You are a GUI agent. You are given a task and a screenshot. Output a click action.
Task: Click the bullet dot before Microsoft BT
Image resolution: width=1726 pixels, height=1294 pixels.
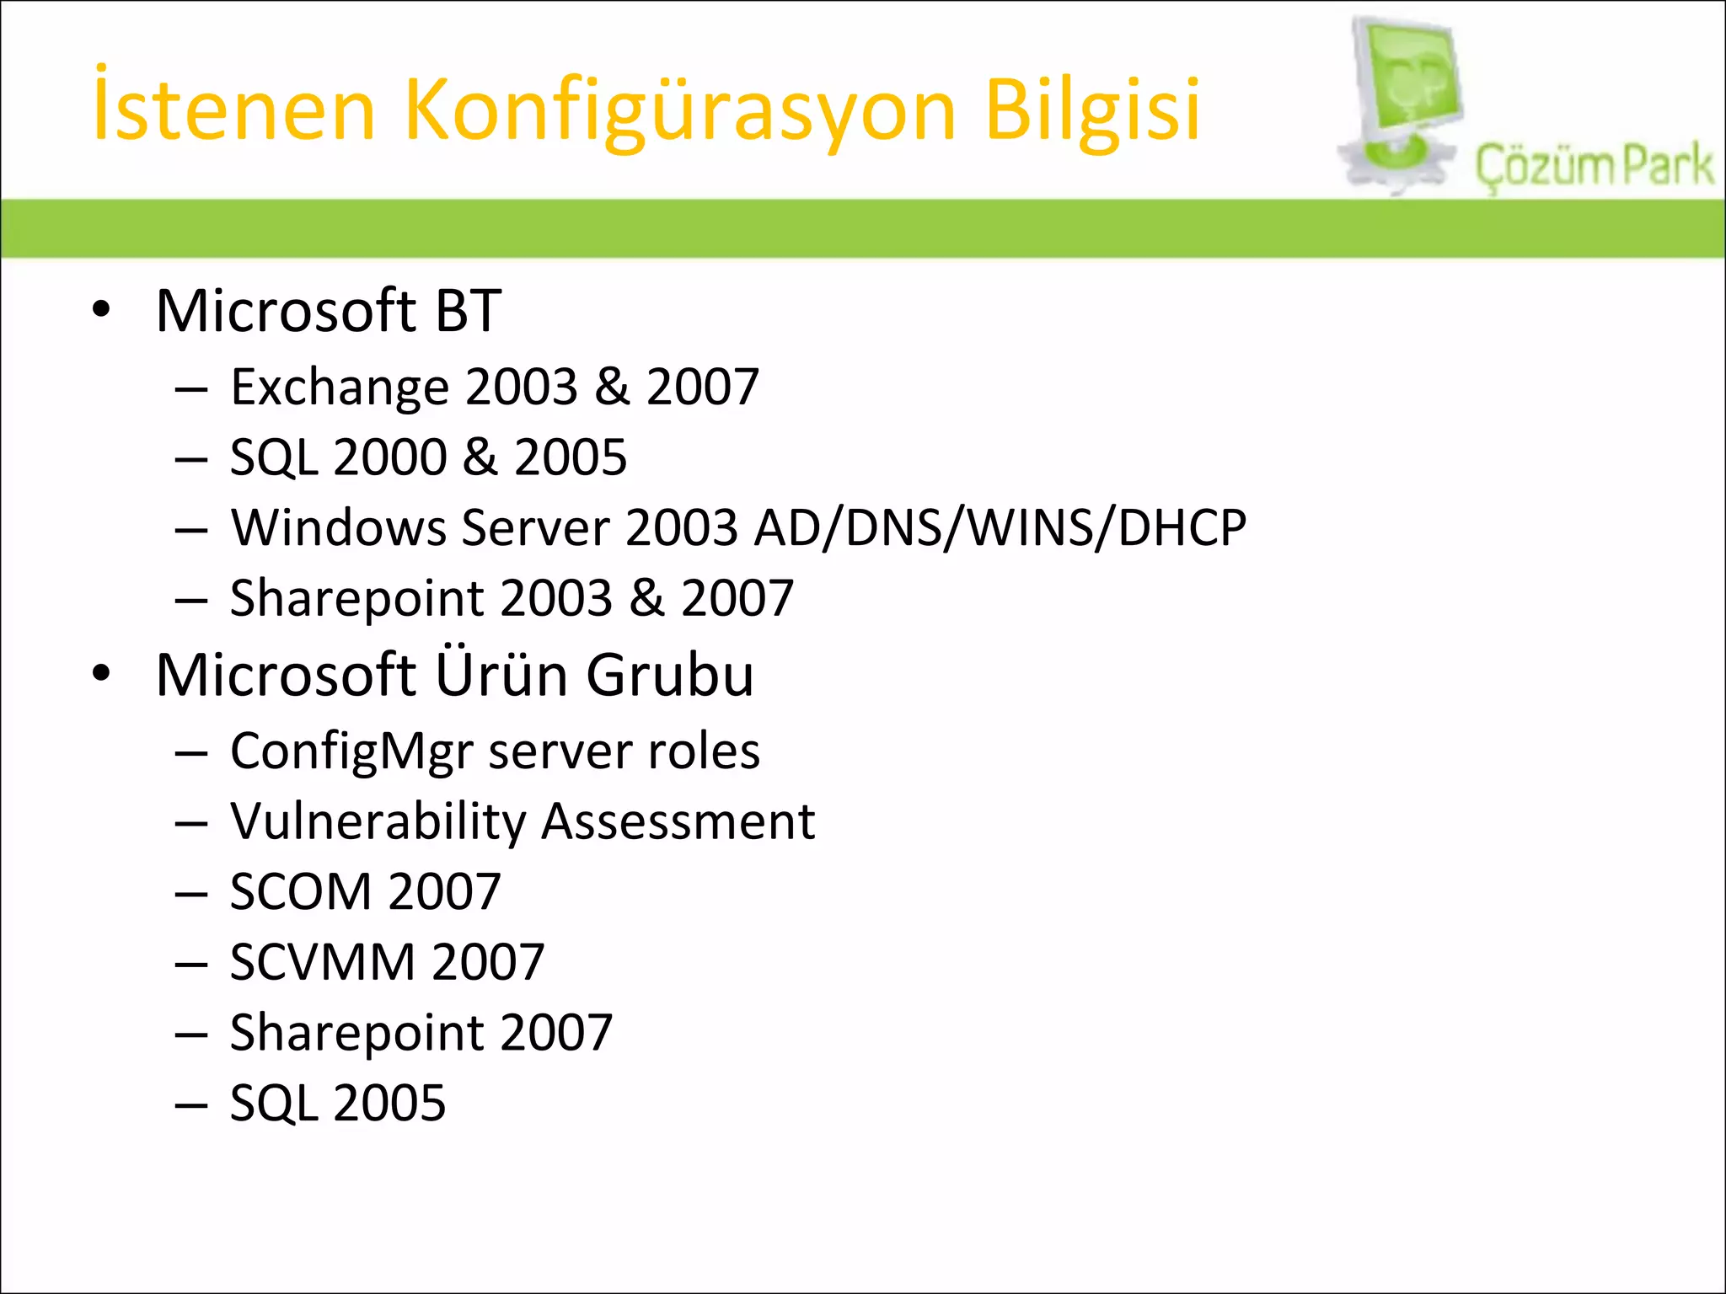[102, 310]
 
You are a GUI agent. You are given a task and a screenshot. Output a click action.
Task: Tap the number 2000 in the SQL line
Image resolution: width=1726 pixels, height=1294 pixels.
[389, 457]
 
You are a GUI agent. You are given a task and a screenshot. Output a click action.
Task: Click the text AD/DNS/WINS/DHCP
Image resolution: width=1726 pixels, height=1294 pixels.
[1000, 528]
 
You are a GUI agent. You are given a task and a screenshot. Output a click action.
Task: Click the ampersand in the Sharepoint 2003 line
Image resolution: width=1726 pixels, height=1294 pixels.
[647, 598]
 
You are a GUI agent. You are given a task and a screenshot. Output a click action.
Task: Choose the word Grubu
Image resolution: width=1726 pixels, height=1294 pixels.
[670, 675]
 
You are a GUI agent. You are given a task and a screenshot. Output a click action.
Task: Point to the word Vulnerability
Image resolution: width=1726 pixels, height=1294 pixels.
[378, 822]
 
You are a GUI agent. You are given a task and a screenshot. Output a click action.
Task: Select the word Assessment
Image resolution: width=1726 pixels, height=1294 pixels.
[678, 822]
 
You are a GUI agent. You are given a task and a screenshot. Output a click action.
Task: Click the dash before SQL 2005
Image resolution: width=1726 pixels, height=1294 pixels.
[191, 1104]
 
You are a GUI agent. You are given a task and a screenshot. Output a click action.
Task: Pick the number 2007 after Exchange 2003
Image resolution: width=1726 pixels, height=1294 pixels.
[703, 388]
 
